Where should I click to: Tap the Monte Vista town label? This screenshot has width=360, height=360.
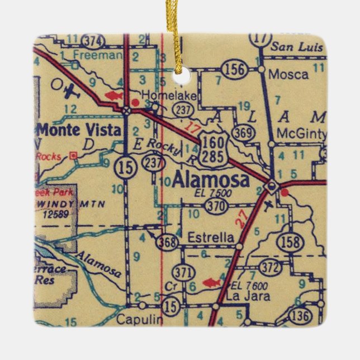coord(79,131)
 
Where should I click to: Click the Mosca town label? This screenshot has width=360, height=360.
coord(288,73)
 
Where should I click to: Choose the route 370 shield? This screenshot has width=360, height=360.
coord(215,206)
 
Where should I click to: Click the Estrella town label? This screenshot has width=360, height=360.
coord(211,238)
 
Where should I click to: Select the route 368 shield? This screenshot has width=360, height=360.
coord(168,242)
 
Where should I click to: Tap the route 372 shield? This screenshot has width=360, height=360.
coord(271,268)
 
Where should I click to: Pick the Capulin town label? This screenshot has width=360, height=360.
coord(140,320)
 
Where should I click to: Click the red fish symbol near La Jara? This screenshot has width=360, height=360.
coord(212,282)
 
